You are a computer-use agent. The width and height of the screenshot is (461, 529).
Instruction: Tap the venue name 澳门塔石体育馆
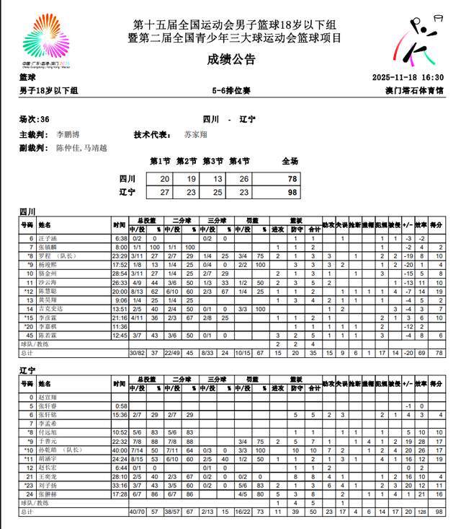(414, 91)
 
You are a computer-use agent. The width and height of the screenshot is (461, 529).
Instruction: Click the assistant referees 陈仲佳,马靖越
(81, 148)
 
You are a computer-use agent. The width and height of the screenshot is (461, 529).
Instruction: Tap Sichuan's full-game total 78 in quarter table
(291, 179)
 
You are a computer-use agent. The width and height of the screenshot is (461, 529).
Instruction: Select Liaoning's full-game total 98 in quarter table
(291, 192)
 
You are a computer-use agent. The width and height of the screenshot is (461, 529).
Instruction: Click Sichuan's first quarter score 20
(165, 179)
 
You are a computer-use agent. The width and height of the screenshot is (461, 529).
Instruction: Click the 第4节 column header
(239, 162)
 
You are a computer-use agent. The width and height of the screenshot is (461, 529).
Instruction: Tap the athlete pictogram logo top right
(417, 43)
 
